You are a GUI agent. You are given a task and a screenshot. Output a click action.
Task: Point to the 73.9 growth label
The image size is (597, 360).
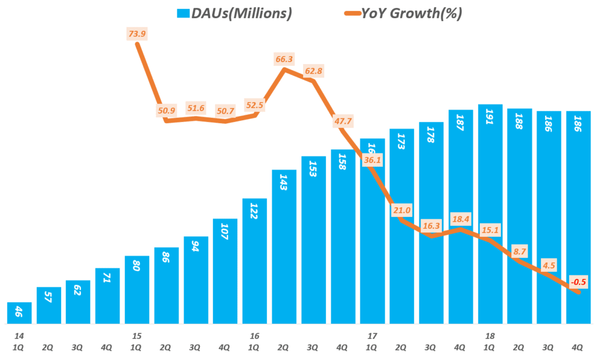[x=137, y=34]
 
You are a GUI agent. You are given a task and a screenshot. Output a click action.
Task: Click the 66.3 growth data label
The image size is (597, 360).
[x=284, y=59]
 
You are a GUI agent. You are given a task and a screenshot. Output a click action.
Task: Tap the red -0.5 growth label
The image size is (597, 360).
[x=578, y=282]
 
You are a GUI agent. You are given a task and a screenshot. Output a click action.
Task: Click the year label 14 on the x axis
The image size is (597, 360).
[x=19, y=336]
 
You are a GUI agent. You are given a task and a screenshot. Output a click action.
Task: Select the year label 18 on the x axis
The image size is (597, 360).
[x=490, y=336]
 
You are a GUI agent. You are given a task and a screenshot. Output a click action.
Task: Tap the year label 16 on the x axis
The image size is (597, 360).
[x=255, y=336]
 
